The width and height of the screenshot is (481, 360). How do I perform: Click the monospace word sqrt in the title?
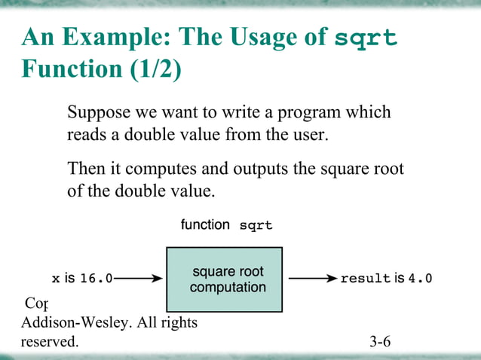[365, 38]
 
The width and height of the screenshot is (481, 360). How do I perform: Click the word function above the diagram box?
[205, 224]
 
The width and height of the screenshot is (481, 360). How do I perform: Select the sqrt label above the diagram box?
[256, 225]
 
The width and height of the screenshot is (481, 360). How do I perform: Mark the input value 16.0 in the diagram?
[96, 279]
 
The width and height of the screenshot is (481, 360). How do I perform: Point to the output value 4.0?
[420, 279]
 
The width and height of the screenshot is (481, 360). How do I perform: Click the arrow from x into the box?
[139, 279]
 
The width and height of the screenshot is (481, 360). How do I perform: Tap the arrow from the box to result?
[312, 279]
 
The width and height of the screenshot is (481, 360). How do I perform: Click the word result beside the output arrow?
[365, 279]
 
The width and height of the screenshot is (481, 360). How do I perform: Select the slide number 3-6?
[380, 343]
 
